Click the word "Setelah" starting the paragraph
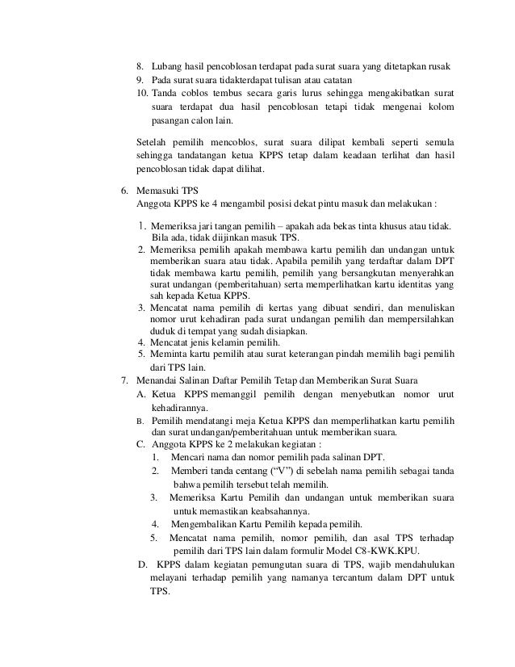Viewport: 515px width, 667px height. (x=152, y=141)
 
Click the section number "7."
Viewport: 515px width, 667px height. (x=124, y=380)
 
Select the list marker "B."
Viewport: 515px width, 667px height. (x=140, y=421)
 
